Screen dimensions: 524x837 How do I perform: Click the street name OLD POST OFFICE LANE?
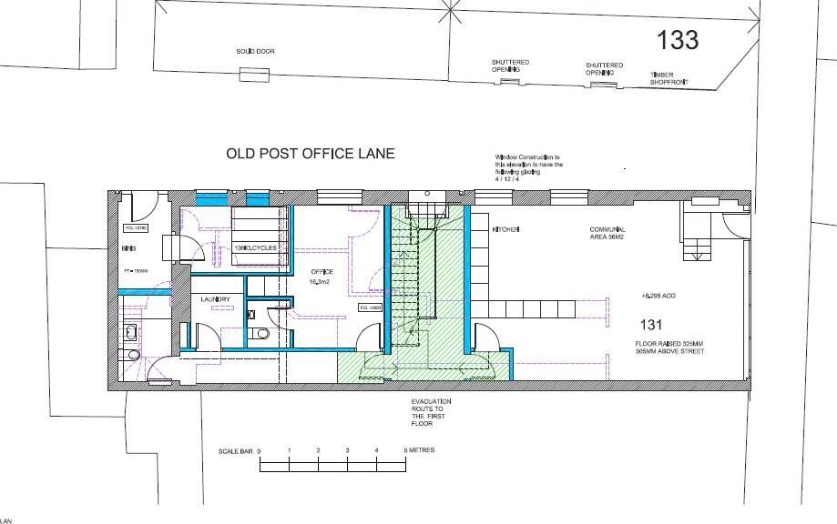click(x=310, y=154)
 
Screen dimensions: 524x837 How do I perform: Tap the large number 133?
click(x=679, y=39)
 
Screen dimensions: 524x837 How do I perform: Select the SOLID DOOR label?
click(x=255, y=52)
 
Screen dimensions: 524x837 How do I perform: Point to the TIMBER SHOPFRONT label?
click(x=669, y=79)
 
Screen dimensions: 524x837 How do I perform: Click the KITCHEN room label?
click(x=505, y=230)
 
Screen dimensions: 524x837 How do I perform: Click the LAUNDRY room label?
click(x=216, y=300)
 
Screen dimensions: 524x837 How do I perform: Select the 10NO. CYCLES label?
click(x=260, y=248)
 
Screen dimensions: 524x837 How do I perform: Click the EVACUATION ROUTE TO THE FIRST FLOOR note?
click(x=431, y=413)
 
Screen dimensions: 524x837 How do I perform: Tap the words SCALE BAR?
click(x=235, y=451)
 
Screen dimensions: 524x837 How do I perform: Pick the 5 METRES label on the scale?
click(x=419, y=450)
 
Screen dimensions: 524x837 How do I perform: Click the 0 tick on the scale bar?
click(x=260, y=451)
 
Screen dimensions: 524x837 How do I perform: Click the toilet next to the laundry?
click(x=263, y=333)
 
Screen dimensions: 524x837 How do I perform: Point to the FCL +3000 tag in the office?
click(x=370, y=308)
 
